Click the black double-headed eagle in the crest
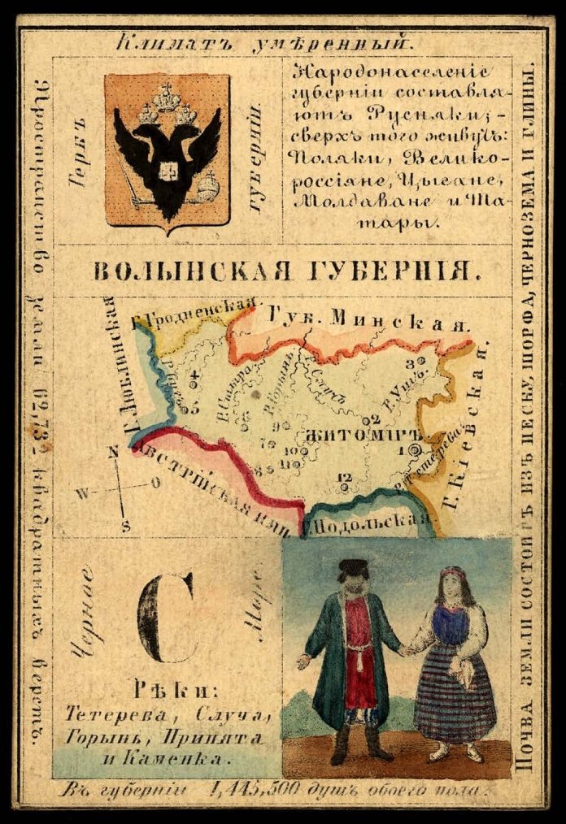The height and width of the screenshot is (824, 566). point(167,150)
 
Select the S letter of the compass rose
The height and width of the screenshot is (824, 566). point(126,525)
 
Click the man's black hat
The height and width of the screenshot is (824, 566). point(353,568)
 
